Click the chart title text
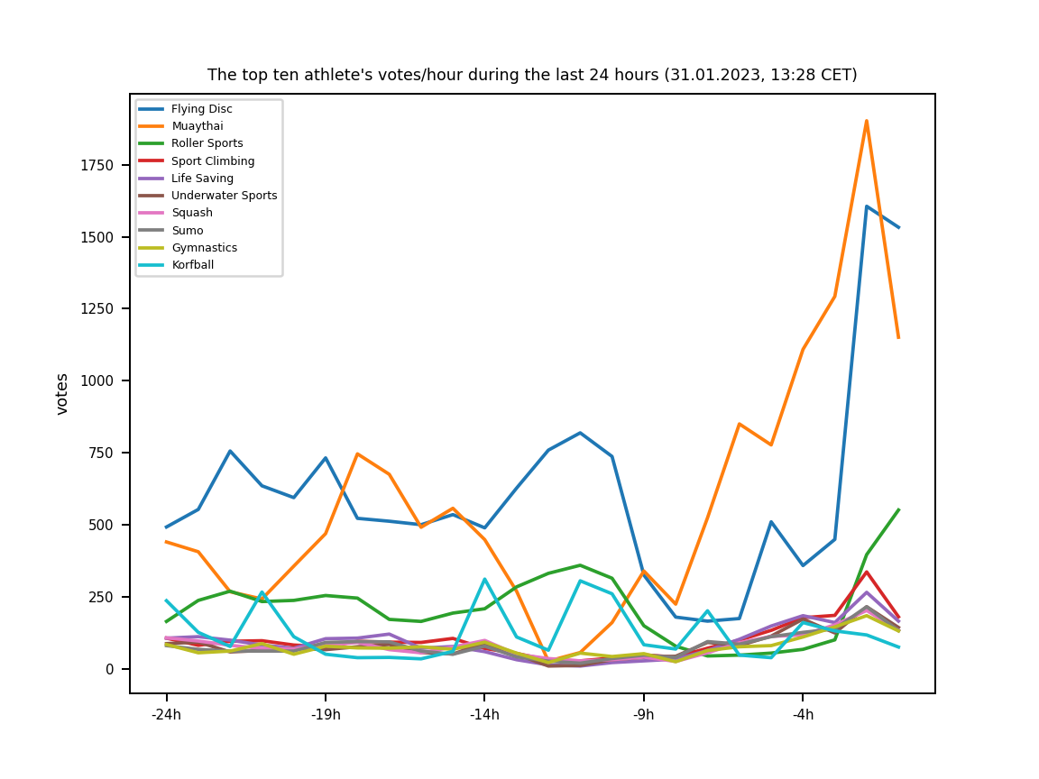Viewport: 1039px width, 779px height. click(532, 75)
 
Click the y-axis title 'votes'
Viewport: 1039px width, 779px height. click(62, 393)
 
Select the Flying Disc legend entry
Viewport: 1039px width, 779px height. click(201, 109)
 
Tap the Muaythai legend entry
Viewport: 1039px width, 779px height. click(197, 126)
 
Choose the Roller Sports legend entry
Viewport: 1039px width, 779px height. click(207, 143)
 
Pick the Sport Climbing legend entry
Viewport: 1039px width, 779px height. click(212, 161)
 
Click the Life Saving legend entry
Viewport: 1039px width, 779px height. click(202, 179)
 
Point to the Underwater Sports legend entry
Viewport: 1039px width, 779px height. click(224, 196)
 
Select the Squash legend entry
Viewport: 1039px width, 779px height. click(191, 213)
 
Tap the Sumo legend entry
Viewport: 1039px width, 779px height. click(187, 231)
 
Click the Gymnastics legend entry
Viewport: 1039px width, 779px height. click(204, 248)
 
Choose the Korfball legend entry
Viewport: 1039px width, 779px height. click(192, 265)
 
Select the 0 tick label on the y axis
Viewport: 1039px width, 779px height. click(110, 669)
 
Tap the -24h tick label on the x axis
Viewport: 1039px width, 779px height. click(166, 715)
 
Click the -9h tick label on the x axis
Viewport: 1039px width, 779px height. click(644, 715)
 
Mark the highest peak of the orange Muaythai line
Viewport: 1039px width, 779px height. click(867, 121)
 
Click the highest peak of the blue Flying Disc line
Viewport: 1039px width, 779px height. click(867, 206)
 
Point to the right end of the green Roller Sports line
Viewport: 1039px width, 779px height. click(898, 509)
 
